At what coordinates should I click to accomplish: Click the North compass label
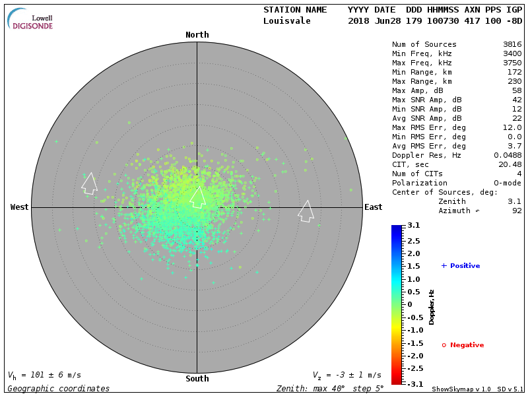197,35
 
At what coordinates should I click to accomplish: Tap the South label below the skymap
197,379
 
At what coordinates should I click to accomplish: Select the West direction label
20,207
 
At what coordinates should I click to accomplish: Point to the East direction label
374,207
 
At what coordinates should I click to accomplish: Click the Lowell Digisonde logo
30,19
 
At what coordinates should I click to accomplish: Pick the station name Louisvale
286,20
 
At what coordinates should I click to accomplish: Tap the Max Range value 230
513,82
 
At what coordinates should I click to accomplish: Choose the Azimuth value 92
517,211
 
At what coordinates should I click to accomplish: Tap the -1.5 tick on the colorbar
413,343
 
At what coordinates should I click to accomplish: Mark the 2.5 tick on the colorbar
413,240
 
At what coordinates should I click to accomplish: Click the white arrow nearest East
306,211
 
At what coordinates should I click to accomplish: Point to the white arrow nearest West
89,183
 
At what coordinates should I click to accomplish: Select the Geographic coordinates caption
59,389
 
